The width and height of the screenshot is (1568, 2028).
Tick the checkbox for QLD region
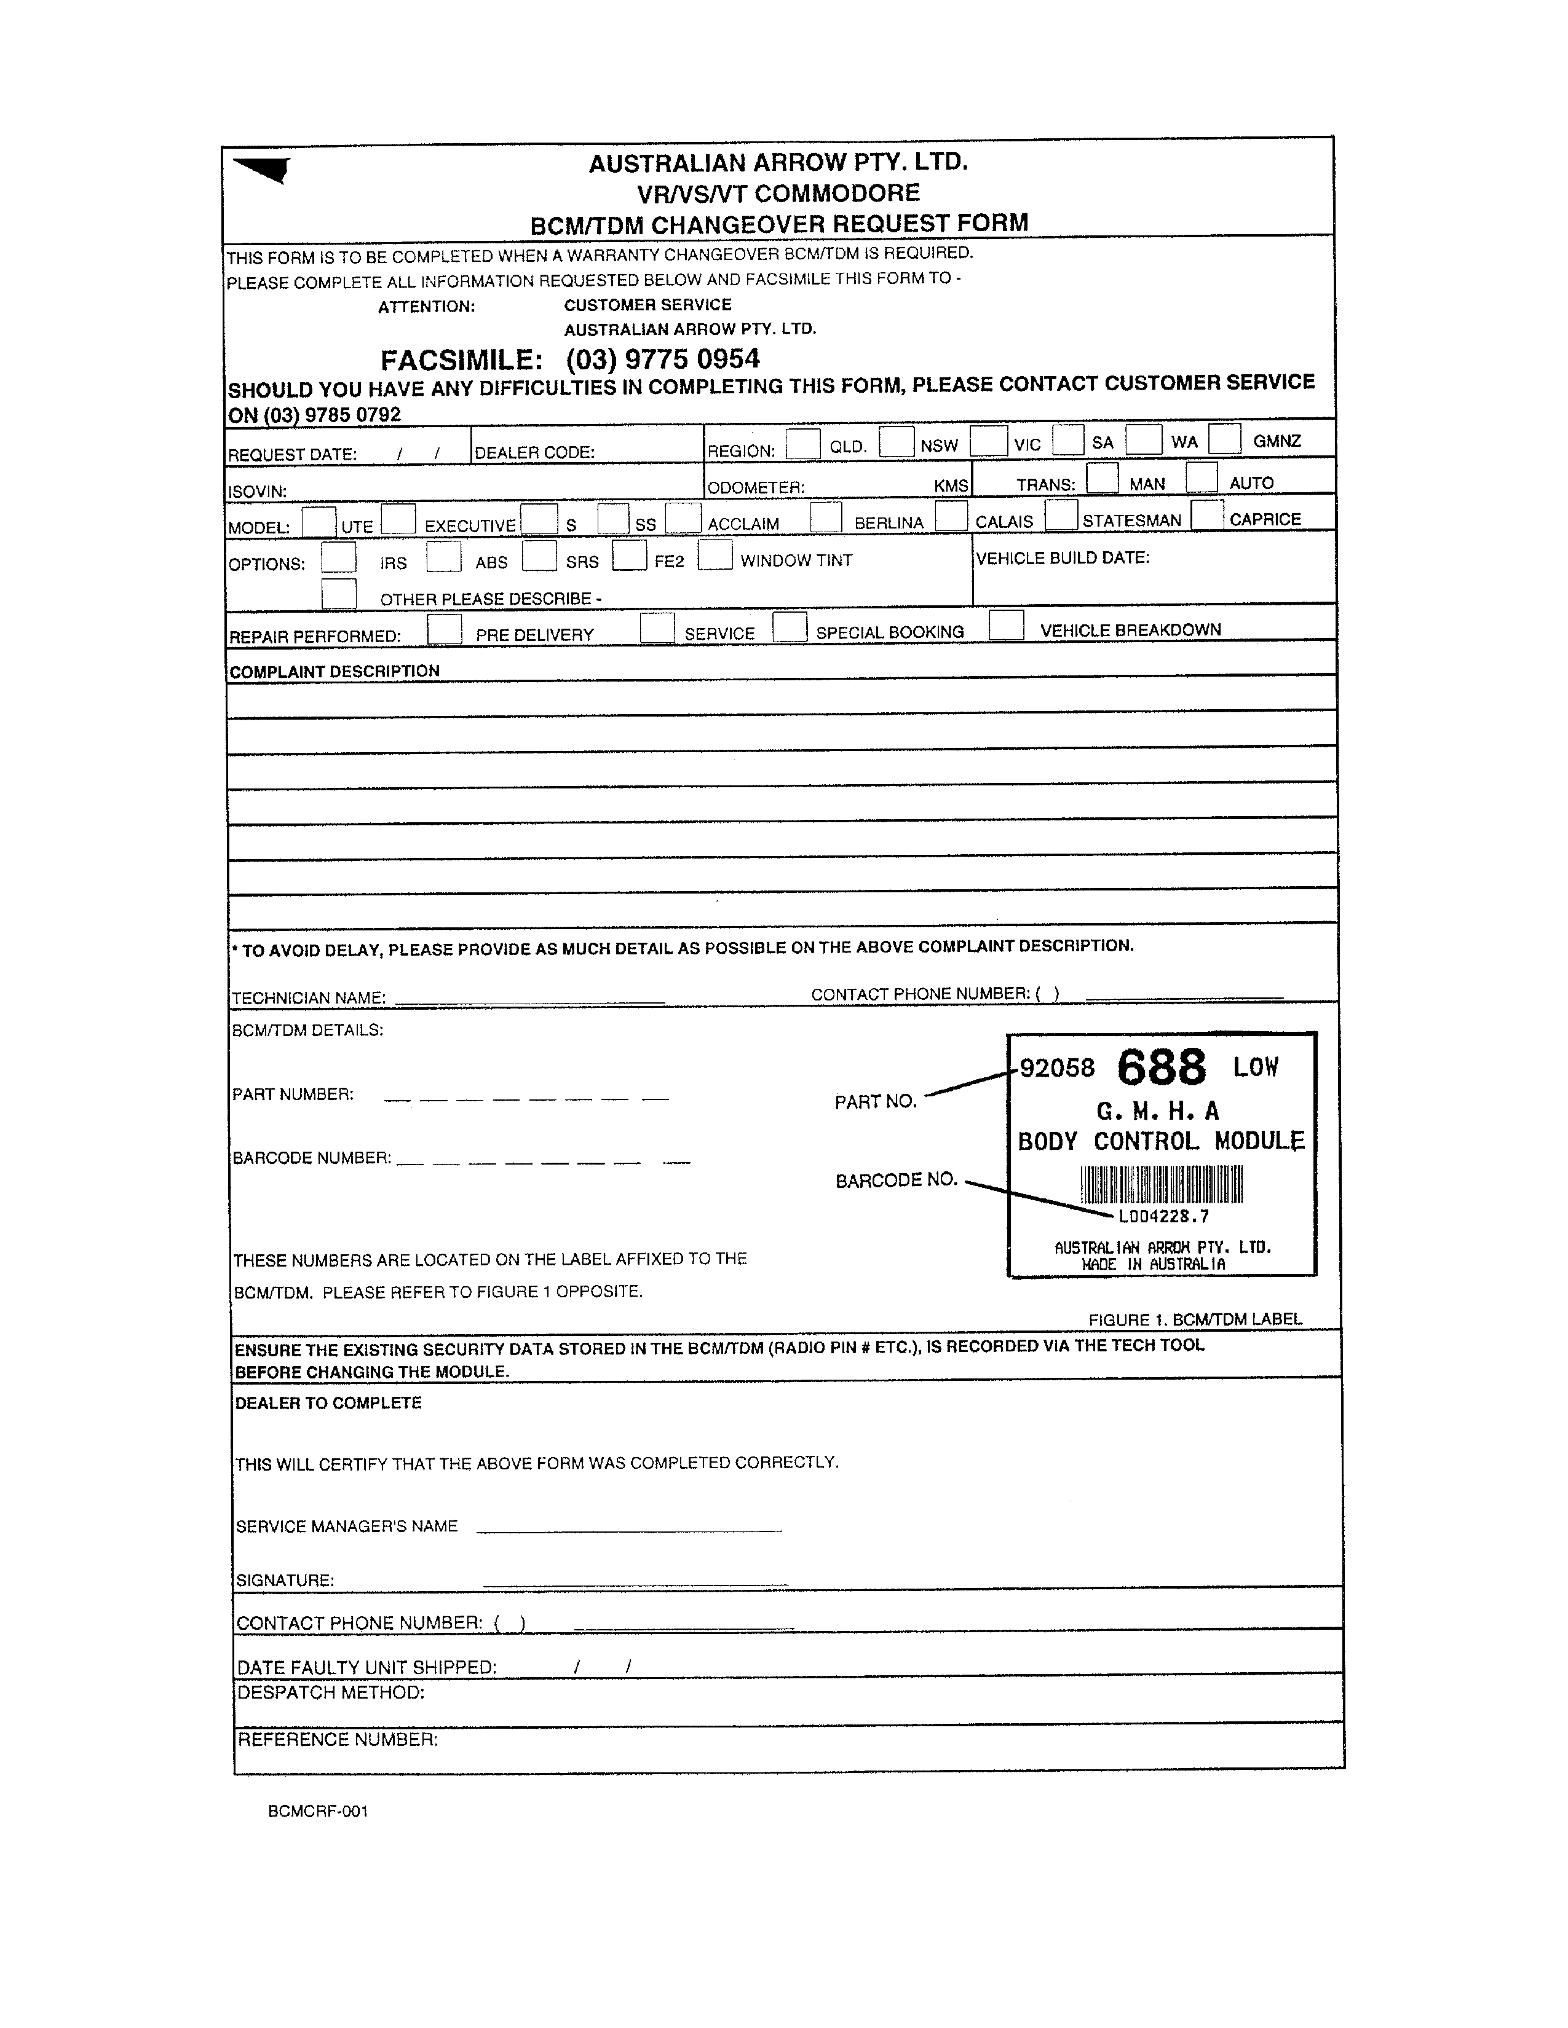pos(802,444)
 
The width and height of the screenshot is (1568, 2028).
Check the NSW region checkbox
pos(897,441)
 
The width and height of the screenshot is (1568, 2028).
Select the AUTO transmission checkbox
pos(1202,478)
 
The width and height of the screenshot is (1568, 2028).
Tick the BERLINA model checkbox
pos(826,517)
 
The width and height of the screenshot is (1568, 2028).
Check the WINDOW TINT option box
pos(715,556)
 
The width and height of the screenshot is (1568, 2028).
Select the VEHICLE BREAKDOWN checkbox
pos(1006,625)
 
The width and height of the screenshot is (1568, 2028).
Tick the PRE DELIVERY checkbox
pos(445,631)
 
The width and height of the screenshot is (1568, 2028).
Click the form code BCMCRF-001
pos(318,1812)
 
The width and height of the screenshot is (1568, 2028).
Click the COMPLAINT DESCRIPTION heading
pos(335,671)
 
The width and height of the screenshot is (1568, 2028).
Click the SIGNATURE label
pos(285,1581)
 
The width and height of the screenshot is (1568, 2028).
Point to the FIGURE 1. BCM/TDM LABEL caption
pos(1195,1319)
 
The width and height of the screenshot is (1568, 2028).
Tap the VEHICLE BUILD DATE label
pos(1063,558)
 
